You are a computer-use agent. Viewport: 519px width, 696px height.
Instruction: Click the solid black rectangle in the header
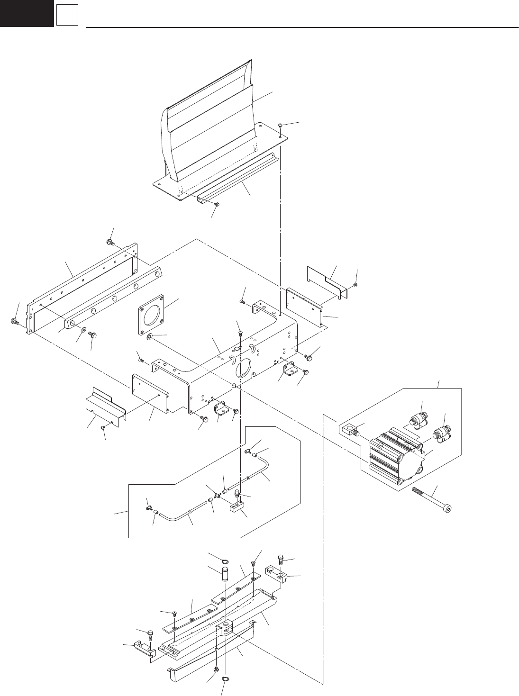[27, 13]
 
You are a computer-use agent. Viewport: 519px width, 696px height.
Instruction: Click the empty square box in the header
[66, 16]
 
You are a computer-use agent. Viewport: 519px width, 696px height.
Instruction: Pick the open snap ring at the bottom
[226, 681]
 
